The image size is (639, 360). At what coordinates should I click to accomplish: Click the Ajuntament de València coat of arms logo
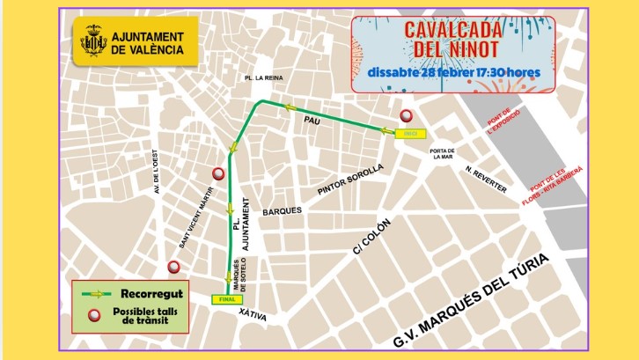[93, 42]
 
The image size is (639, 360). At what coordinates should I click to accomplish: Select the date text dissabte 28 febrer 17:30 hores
[453, 72]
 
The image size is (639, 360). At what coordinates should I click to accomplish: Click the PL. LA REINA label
[267, 78]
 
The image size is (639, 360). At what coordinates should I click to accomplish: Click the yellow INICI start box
[409, 134]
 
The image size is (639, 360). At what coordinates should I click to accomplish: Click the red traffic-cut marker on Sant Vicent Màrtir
[218, 173]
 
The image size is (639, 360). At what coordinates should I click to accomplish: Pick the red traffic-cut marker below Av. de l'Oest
[173, 267]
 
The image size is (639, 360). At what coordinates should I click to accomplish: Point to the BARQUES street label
[282, 211]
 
